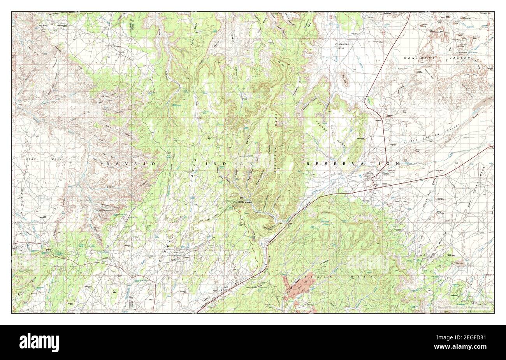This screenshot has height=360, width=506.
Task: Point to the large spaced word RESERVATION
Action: click(353, 164)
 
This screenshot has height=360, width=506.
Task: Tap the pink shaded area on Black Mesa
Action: click(298, 288)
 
